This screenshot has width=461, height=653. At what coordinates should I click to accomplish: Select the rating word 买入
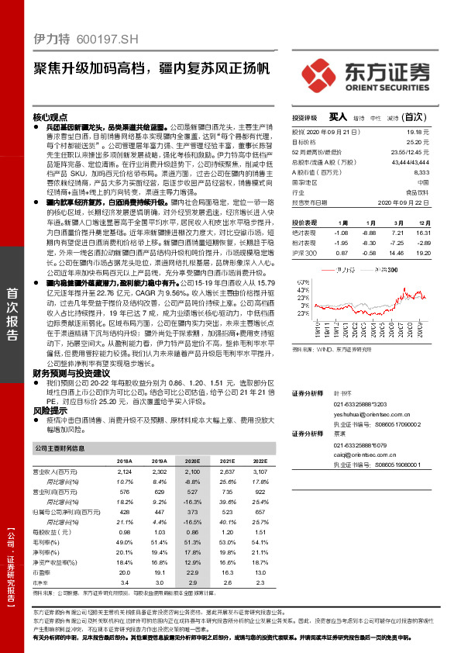pyautogui.click(x=338, y=117)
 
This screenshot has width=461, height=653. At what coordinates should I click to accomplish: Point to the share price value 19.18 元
pyautogui.click(x=439, y=133)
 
